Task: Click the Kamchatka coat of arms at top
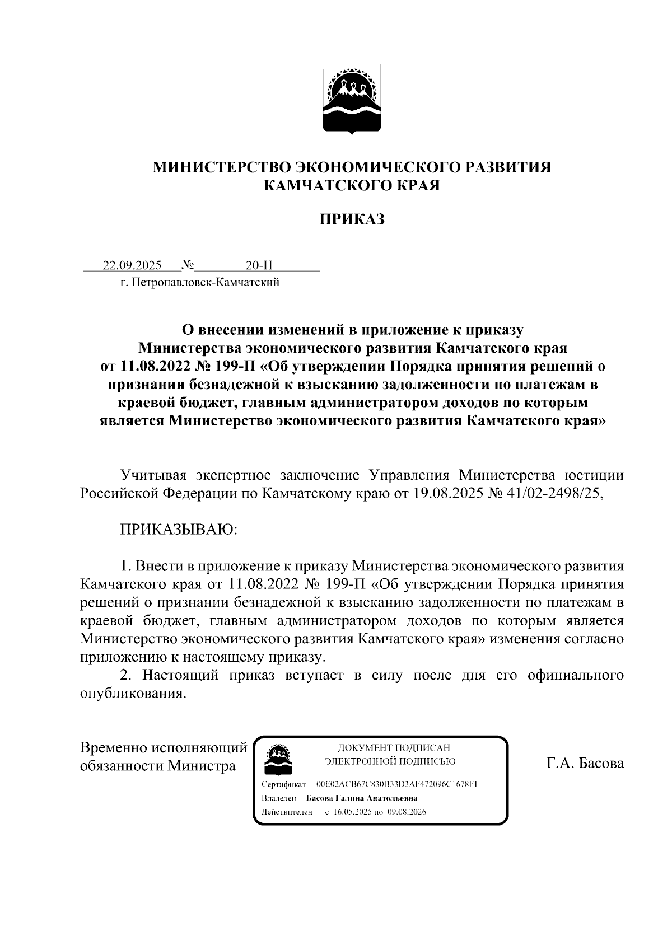(x=352, y=100)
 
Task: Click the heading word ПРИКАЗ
(x=352, y=219)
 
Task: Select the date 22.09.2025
(x=132, y=265)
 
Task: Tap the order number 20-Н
(x=259, y=265)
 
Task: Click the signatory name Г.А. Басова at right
(x=585, y=764)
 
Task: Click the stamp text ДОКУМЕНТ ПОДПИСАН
(x=393, y=748)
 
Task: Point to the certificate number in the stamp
(x=396, y=784)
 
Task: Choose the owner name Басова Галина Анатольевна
(x=362, y=798)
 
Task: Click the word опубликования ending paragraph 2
(x=132, y=693)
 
